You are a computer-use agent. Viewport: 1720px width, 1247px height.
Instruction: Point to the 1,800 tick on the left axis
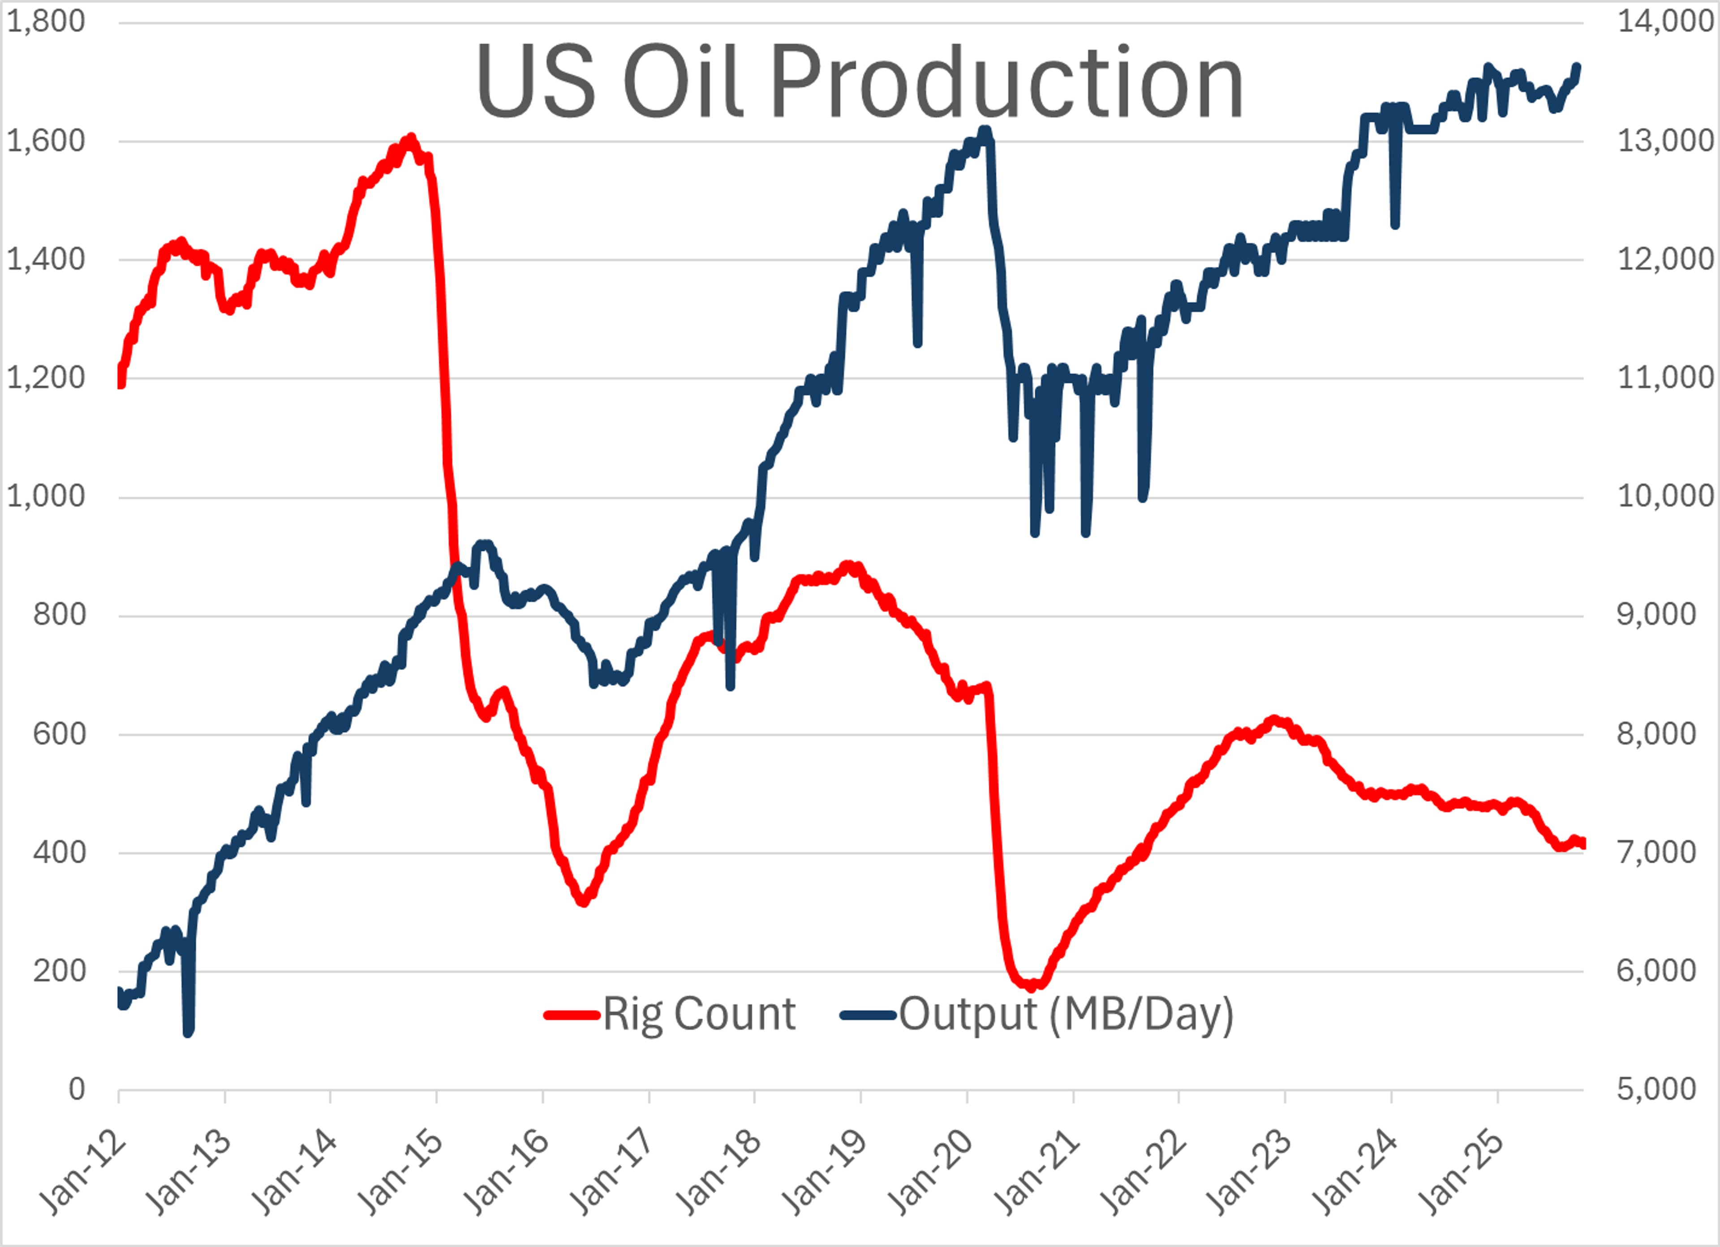tap(46, 21)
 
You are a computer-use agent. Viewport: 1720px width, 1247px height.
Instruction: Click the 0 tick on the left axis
tap(76, 1089)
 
